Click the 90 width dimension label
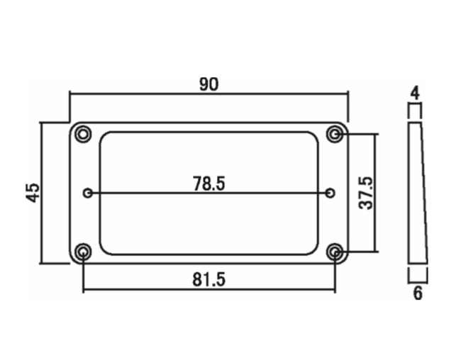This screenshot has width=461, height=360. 209,84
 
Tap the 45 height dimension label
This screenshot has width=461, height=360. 33,193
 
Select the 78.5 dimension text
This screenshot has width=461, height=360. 209,184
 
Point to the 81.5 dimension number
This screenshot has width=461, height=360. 209,279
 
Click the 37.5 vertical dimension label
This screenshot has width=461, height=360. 366,193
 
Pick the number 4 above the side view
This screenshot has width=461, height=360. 415,93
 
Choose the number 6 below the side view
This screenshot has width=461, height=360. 418,293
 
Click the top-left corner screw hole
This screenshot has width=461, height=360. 84,135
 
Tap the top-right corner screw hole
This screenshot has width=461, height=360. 335,135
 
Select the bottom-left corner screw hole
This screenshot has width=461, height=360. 84,252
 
